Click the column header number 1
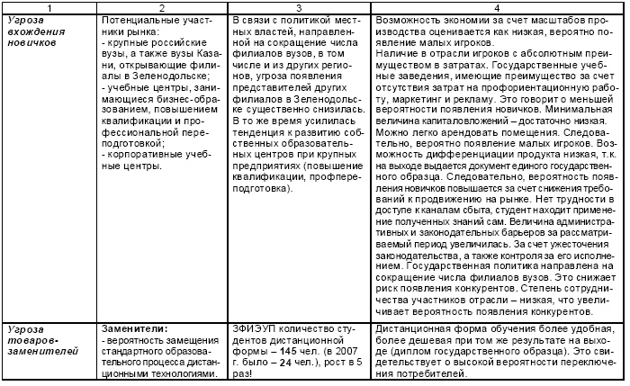pyautogui.click(x=49, y=6)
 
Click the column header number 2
pyautogui.click(x=157, y=6)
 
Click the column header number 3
pyautogui.click(x=296, y=6)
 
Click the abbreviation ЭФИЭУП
pyautogui.click(x=255, y=328)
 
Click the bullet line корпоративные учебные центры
pyautogui.click(x=152, y=160)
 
